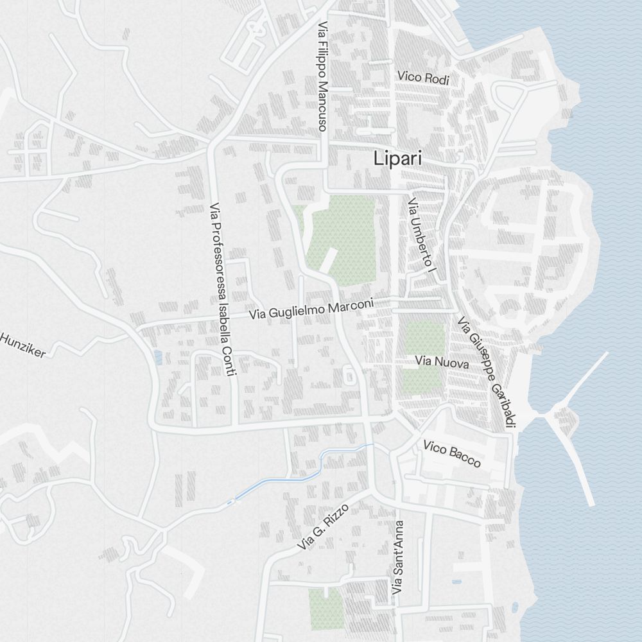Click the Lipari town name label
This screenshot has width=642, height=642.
(398, 158)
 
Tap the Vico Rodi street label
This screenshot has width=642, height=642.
(422, 78)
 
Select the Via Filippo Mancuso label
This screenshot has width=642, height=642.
(322, 78)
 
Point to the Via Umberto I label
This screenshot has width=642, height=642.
(422, 237)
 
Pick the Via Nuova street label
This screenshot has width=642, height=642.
(442, 363)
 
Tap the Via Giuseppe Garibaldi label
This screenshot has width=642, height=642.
(488, 373)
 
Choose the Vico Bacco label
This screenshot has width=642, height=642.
(452, 453)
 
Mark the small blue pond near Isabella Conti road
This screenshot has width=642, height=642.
(158, 358)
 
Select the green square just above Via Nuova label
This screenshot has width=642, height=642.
(424, 338)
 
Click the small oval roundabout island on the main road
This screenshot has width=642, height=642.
(349, 375)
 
